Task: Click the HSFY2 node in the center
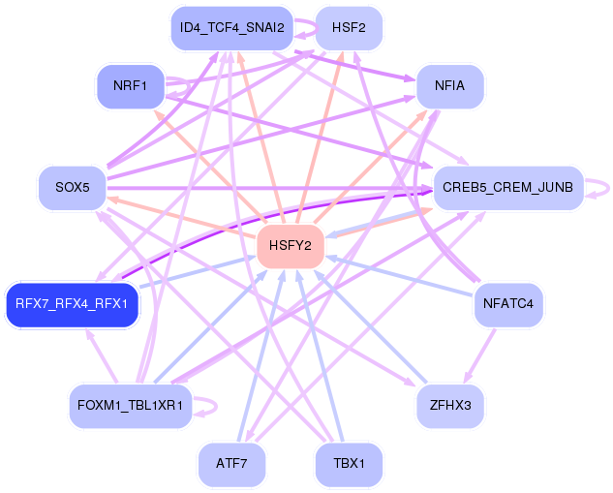click(x=291, y=246)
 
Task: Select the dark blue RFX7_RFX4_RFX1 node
click(x=73, y=304)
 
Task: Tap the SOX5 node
click(x=73, y=188)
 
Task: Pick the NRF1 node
click(x=131, y=86)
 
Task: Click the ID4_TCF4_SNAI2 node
click(x=231, y=28)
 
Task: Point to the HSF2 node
click(x=349, y=28)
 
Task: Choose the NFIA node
click(x=450, y=86)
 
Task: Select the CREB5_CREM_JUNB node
click(x=508, y=188)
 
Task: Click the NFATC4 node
click(x=508, y=304)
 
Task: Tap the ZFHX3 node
click(x=450, y=406)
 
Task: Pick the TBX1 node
click(x=349, y=464)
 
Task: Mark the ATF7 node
click(x=231, y=464)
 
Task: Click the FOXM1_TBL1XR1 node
click(x=131, y=406)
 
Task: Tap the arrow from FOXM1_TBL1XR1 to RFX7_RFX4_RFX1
click(x=102, y=355)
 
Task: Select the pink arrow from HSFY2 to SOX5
click(x=181, y=217)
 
